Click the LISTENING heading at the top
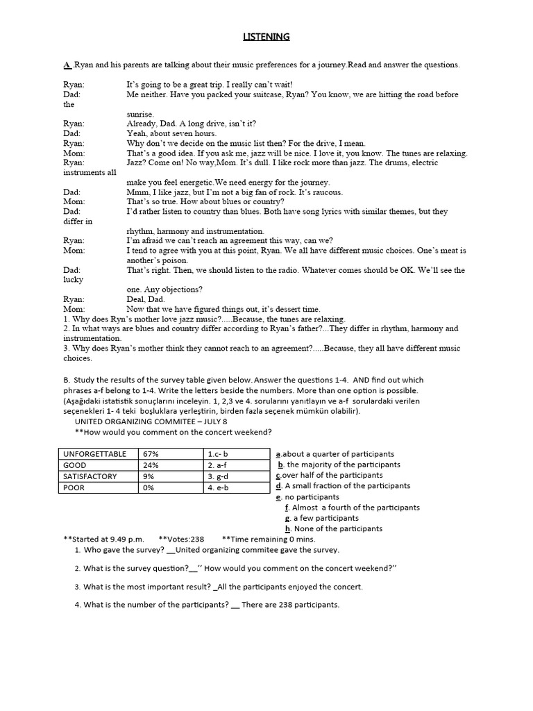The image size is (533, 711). tap(266, 37)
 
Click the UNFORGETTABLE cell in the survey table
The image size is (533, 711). tap(95, 453)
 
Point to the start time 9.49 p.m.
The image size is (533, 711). tap(123, 538)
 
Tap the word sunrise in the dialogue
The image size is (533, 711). tap(142, 114)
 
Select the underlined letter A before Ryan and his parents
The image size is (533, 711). tap(67, 65)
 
